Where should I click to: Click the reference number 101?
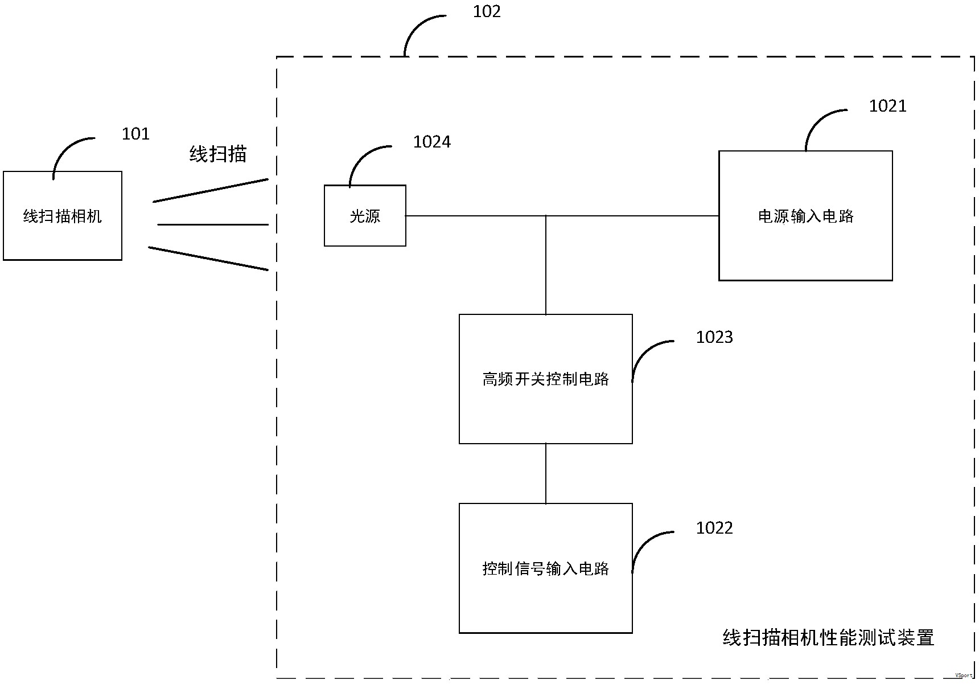[x=135, y=134]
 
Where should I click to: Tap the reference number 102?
[x=487, y=11]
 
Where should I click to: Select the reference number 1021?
[x=887, y=106]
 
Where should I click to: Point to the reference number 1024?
[x=431, y=142]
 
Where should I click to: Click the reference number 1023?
[x=714, y=337]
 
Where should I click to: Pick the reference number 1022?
[x=714, y=528]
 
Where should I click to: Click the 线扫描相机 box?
[x=63, y=216]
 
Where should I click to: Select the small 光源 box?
[x=365, y=216]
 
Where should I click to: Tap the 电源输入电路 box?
[x=805, y=216]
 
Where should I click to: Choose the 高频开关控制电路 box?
[x=545, y=379]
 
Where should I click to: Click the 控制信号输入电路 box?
[x=545, y=568]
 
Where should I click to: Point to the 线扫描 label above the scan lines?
[x=218, y=154]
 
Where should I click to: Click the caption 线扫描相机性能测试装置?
[x=828, y=637]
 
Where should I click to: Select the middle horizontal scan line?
[x=212, y=224]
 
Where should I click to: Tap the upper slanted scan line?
[x=211, y=190]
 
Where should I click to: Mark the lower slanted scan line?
[x=208, y=259]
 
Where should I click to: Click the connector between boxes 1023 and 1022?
[x=546, y=473]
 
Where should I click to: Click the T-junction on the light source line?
[x=546, y=216]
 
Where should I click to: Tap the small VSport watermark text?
[x=964, y=675]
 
